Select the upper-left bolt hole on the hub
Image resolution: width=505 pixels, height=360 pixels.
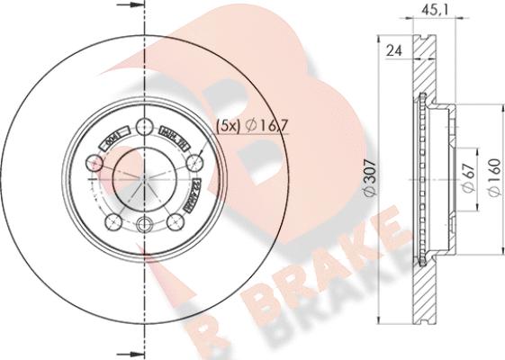pyautogui.click(x=95, y=164)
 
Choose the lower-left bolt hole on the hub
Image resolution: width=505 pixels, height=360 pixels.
pyautogui.click(x=113, y=222)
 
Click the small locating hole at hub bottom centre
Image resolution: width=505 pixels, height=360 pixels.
pyautogui.click(x=145, y=224)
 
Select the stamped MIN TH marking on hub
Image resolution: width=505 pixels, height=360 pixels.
pyautogui.click(x=171, y=134)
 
